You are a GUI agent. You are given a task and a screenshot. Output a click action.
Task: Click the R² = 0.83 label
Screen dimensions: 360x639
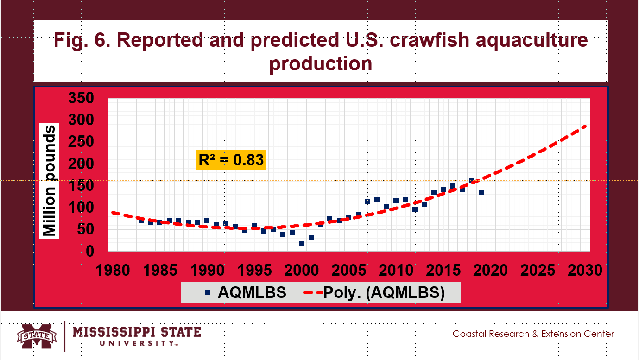point(231,160)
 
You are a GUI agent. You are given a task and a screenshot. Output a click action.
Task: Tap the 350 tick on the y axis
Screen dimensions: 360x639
point(82,98)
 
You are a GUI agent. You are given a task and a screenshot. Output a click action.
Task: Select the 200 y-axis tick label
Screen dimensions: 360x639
point(82,164)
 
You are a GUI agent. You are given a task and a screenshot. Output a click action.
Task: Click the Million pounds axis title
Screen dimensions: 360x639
point(50,181)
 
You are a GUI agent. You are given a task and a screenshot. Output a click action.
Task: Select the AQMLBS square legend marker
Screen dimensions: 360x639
point(208,292)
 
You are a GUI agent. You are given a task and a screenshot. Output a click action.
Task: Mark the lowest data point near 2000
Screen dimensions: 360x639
point(301,244)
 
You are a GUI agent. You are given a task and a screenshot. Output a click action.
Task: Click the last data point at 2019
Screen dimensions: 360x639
point(481,192)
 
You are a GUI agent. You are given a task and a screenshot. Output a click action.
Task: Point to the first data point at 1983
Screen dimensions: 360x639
point(141,221)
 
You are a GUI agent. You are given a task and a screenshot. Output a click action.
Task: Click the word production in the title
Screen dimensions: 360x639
point(321,63)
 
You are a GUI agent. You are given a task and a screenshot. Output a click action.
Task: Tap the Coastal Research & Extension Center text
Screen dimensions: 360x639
point(533,334)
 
